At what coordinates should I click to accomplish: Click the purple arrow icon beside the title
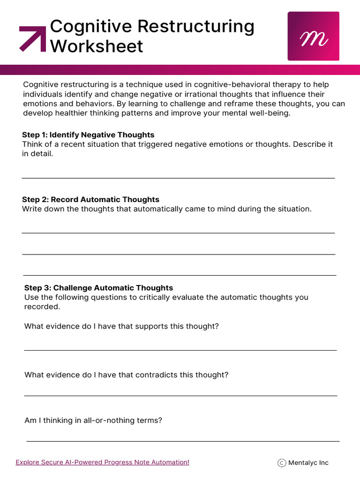coord(32,38)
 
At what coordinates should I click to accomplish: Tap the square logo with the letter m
coord(313,36)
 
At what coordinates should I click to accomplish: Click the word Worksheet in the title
coord(97,46)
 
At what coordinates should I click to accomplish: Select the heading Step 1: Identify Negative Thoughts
coord(88,135)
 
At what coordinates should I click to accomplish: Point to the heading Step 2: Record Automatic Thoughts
coord(90,200)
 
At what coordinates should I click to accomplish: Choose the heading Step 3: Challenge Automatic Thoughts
coord(98,288)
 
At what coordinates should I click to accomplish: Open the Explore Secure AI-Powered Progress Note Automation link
coord(102,462)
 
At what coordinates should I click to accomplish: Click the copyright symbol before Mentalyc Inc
coord(282,463)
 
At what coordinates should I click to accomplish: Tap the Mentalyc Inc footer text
coord(308,463)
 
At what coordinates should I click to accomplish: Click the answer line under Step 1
coord(178,178)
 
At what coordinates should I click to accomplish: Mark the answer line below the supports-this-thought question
coord(180,350)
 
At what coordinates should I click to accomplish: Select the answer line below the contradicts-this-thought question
coord(180,396)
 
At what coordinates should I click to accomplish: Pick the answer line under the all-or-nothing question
coord(183,441)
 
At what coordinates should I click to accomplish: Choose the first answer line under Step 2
coord(178,232)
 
